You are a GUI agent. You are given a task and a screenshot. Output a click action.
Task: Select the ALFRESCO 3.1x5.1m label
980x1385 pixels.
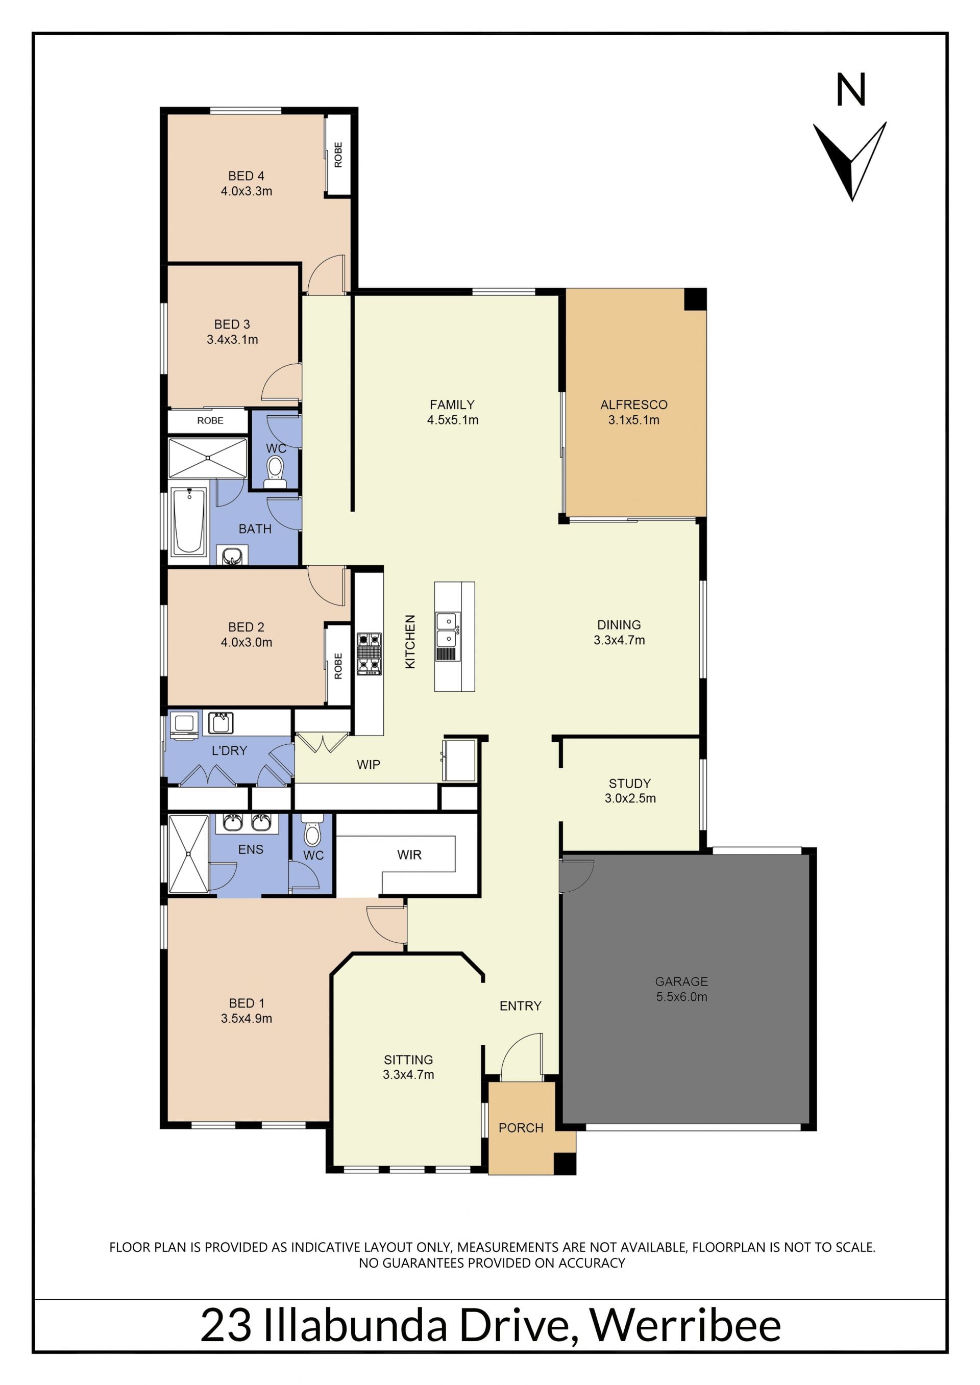coord(633,412)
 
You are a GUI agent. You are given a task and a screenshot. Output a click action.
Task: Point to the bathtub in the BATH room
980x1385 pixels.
coord(188,521)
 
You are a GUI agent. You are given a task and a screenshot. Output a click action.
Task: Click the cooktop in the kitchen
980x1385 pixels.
coord(369,653)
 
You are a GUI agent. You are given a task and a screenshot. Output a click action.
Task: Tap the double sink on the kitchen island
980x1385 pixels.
coord(448,630)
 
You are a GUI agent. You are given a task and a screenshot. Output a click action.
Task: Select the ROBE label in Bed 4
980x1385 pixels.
coord(338,155)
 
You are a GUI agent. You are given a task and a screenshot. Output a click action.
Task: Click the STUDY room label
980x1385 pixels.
coord(629,784)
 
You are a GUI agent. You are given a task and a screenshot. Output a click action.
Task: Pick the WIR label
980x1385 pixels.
coord(409,855)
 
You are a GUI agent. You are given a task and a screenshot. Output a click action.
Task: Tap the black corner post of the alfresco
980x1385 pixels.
coord(695,300)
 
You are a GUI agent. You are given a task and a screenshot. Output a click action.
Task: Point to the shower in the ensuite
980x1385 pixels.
coord(188,853)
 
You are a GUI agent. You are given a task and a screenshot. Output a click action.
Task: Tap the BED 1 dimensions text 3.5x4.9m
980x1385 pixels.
coord(246,1018)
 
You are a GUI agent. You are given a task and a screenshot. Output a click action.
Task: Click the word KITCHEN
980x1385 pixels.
coord(410,641)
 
